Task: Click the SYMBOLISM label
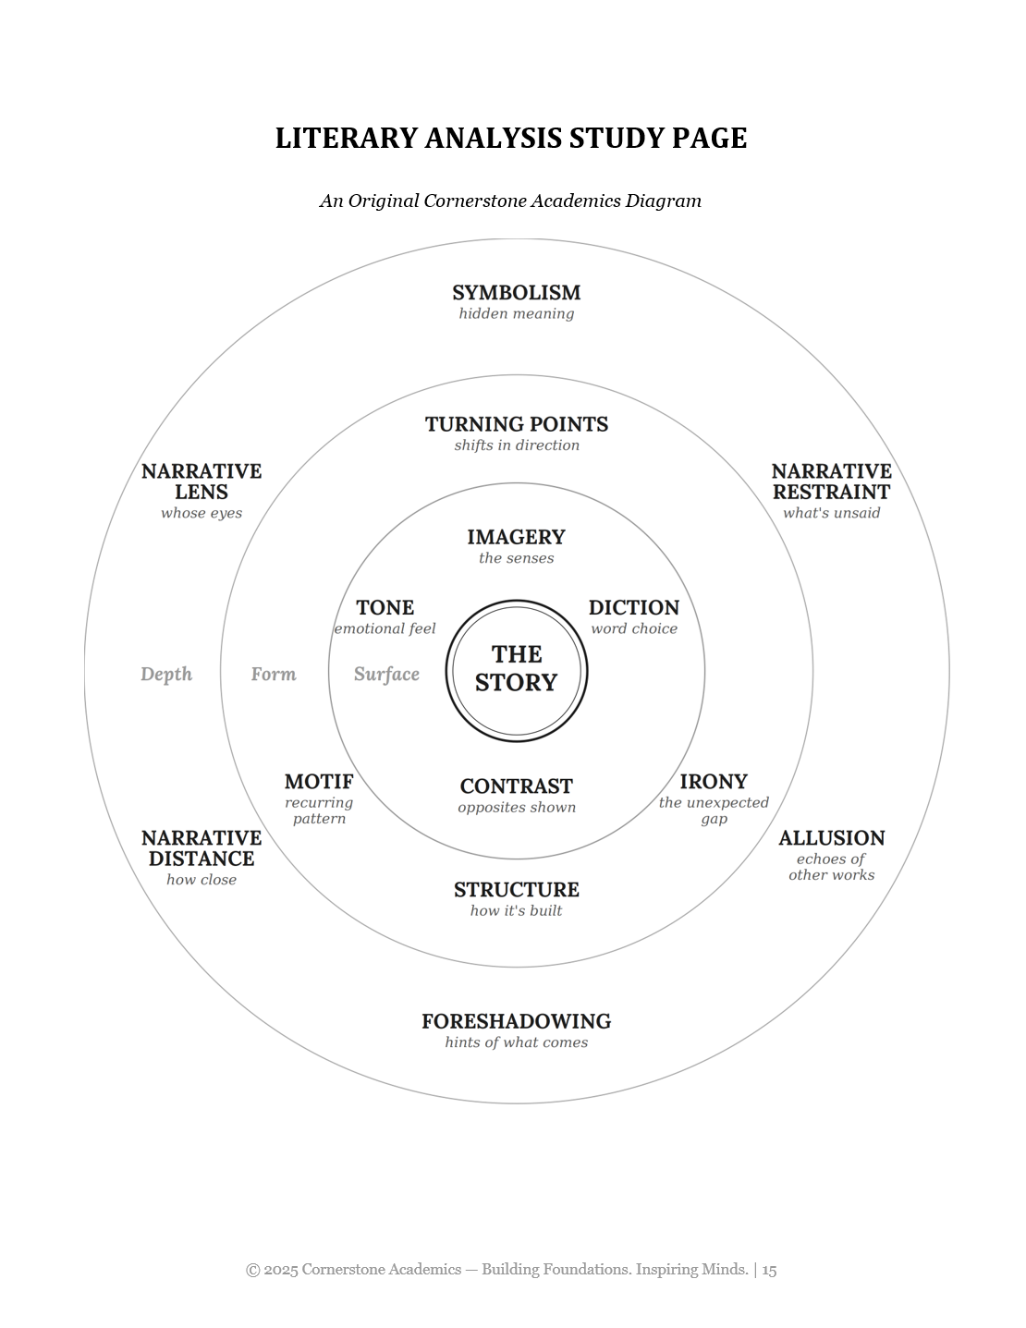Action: (517, 293)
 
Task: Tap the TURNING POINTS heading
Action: (517, 424)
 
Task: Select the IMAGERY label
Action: (517, 537)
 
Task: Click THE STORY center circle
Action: (517, 671)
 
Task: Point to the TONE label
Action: (385, 607)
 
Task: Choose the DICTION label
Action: (634, 607)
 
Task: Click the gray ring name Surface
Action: (386, 674)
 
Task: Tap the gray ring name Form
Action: (274, 674)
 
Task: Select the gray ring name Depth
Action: (166, 674)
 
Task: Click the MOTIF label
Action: (319, 782)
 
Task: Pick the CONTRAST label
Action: (517, 786)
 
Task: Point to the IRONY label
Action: (714, 782)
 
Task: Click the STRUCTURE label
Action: (517, 890)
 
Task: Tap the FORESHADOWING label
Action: (517, 1021)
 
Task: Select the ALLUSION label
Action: (832, 838)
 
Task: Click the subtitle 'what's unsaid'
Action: (832, 513)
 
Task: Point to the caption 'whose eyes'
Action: (202, 513)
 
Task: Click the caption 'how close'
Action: (202, 880)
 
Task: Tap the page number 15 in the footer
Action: (769, 1270)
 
